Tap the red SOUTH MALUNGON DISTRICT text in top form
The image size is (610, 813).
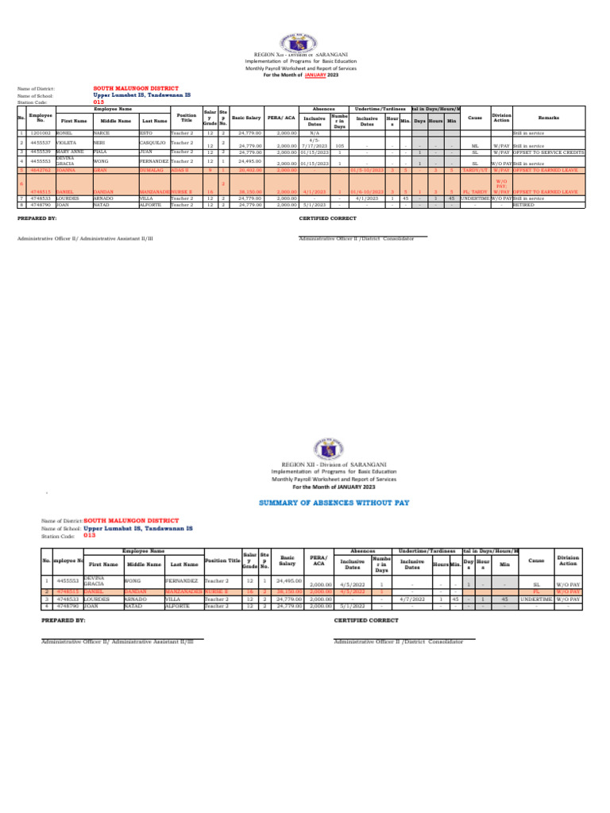click(x=136, y=88)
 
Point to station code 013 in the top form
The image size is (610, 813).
click(x=98, y=102)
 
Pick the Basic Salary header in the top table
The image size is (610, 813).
click(x=246, y=118)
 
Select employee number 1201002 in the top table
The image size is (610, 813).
click(x=40, y=133)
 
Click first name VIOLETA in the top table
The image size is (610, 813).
click(x=67, y=144)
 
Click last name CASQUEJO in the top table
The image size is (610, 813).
click(x=154, y=144)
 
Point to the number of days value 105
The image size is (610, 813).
click(x=339, y=146)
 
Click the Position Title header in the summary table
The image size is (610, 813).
click(x=222, y=561)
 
